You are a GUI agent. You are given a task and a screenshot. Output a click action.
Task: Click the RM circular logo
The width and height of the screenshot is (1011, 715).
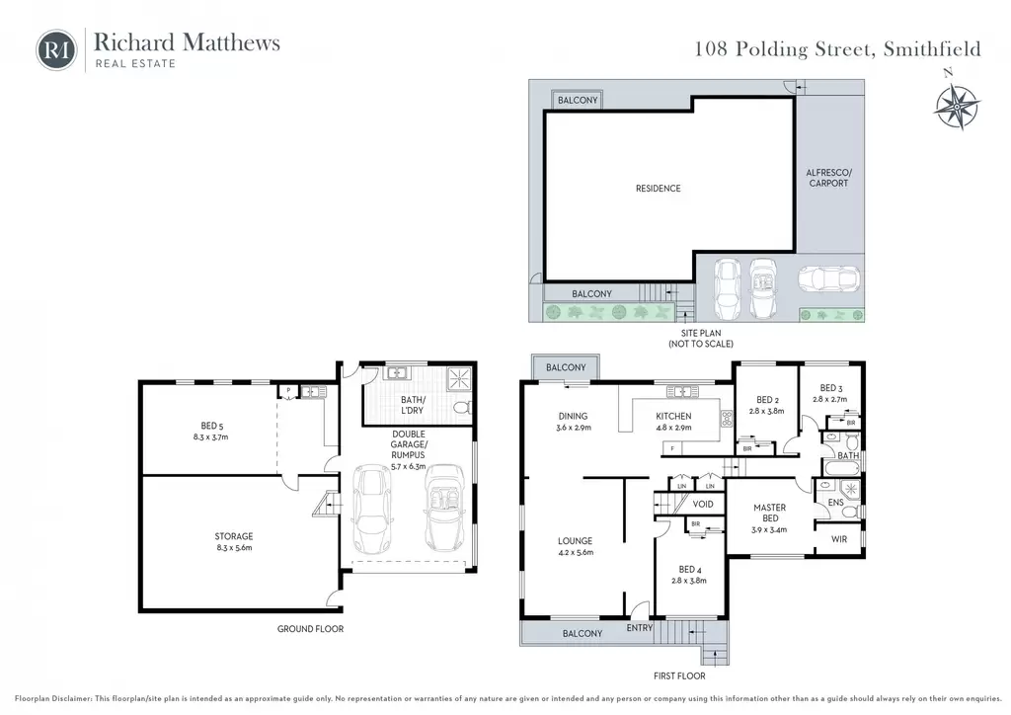[x=56, y=49]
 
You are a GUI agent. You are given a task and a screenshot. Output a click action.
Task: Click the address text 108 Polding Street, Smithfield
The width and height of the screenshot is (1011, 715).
[x=837, y=49]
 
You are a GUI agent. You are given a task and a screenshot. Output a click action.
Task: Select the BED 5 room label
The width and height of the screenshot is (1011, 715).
[x=211, y=426]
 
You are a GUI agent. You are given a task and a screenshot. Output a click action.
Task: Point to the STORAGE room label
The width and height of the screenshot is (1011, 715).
[x=233, y=536]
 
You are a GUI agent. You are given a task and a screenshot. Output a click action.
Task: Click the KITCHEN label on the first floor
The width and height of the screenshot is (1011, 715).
[x=673, y=417]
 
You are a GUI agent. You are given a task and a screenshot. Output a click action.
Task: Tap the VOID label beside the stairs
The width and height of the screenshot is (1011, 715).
[x=703, y=505]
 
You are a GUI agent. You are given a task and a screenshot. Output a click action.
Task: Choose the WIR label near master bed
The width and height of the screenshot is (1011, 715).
[x=839, y=539]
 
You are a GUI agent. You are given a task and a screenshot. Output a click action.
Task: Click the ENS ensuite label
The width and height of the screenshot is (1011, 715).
[x=835, y=503]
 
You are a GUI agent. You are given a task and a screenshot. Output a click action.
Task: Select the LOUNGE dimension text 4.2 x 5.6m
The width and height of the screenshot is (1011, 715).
[x=576, y=552]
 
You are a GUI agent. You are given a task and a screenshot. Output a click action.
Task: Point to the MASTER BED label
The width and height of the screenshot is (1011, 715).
[x=770, y=513]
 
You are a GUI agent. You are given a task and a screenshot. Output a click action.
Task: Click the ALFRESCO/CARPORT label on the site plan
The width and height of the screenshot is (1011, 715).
[x=828, y=178]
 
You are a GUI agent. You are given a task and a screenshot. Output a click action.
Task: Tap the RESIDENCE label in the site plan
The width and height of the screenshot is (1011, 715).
[x=659, y=189]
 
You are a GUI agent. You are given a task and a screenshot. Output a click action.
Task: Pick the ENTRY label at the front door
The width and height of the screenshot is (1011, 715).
[x=640, y=627]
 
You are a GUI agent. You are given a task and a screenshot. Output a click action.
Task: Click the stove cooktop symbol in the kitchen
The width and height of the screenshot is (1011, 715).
[x=727, y=419]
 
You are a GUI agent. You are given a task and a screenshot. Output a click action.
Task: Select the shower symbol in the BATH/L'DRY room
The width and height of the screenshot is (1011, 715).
[x=460, y=378]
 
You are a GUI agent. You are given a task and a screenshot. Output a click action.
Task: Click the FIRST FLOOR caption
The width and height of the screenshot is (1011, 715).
[x=679, y=676]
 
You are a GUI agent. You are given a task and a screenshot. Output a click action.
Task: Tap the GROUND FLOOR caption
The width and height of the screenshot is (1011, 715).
[x=310, y=629]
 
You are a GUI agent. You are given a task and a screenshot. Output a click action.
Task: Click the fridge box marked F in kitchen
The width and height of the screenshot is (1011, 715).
[x=671, y=448]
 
